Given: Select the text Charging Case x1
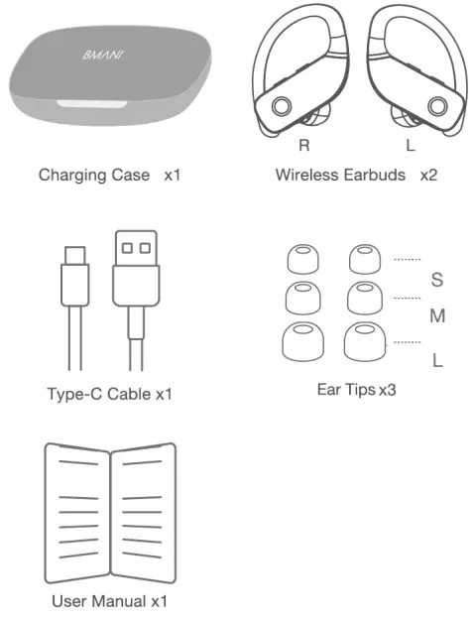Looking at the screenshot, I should [x=110, y=176].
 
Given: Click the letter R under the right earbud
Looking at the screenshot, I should [x=305, y=145].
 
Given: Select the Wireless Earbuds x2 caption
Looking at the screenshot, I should [x=356, y=176].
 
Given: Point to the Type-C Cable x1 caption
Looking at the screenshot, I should [x=110, y=394].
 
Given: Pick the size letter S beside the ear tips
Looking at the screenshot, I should [x=437, y=280].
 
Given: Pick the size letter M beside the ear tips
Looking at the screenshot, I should [x=437, y=317].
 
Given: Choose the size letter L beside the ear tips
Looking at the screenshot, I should [x=437, y=359].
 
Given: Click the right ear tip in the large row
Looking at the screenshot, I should [x=363, y=343].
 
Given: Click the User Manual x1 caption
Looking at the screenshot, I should [x=110, y=601].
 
